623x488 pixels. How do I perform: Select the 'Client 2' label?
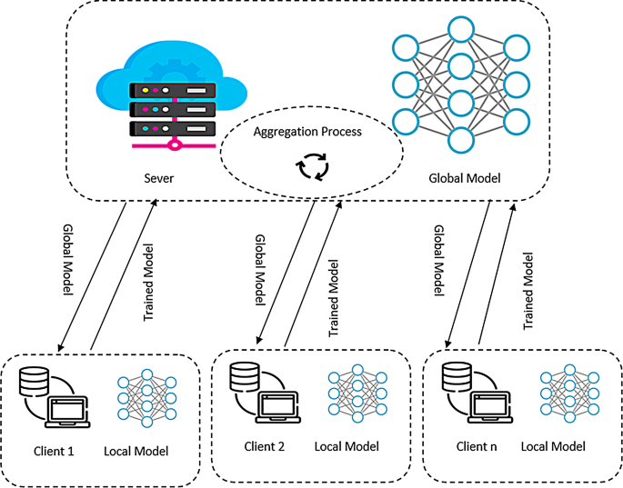(x=265, y=445)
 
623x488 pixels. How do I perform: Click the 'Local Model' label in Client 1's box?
(x=136, y=451)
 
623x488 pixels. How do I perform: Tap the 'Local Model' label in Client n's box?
(x=554, y=446)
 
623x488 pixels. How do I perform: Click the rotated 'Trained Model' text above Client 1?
(x=150, y=282)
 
